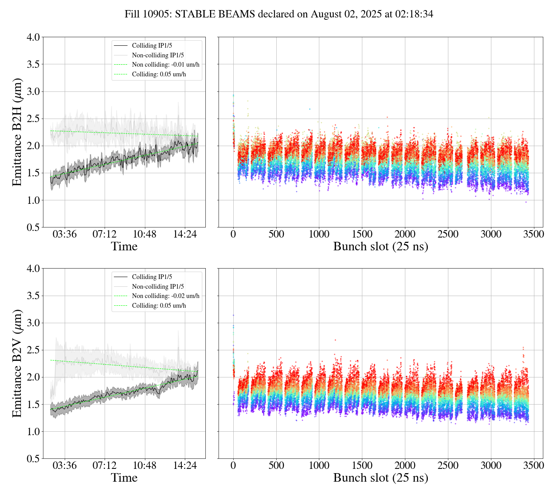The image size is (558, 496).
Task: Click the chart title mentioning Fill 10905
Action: [x=279, y=14]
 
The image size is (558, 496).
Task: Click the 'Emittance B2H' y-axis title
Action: [x=17, y=132]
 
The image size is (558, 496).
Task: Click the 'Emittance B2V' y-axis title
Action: [x=17, y=363]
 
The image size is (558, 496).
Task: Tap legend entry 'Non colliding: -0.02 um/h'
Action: [x=165, y=296]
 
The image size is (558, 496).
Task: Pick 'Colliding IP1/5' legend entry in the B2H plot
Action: [x=152, y=46]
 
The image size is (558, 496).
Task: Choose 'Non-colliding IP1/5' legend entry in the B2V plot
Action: [x=158, y=286]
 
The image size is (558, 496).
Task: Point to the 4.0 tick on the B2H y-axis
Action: [x=33, y=37]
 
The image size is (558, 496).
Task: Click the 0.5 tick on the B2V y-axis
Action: [x=33, y=459]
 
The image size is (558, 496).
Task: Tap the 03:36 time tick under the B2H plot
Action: [x=64, y=235]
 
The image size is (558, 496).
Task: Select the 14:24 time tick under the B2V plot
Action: [x=184, y=465]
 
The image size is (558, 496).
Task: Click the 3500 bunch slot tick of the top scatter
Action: [x=534, y=235]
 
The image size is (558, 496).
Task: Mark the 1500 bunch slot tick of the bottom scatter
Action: [x=362, y=465]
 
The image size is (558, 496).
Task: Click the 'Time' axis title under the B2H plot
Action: [x=124, y=247]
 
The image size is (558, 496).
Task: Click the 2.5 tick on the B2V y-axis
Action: [x=33, y=350]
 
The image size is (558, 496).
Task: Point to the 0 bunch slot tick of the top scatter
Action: [x=233, y=235]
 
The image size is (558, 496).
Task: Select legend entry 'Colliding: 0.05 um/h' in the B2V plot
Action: [x=159, y=306]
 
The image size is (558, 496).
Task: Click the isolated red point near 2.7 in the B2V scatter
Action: [x=335, y=340]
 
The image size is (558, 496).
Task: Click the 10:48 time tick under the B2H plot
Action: [x=145, y=235]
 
